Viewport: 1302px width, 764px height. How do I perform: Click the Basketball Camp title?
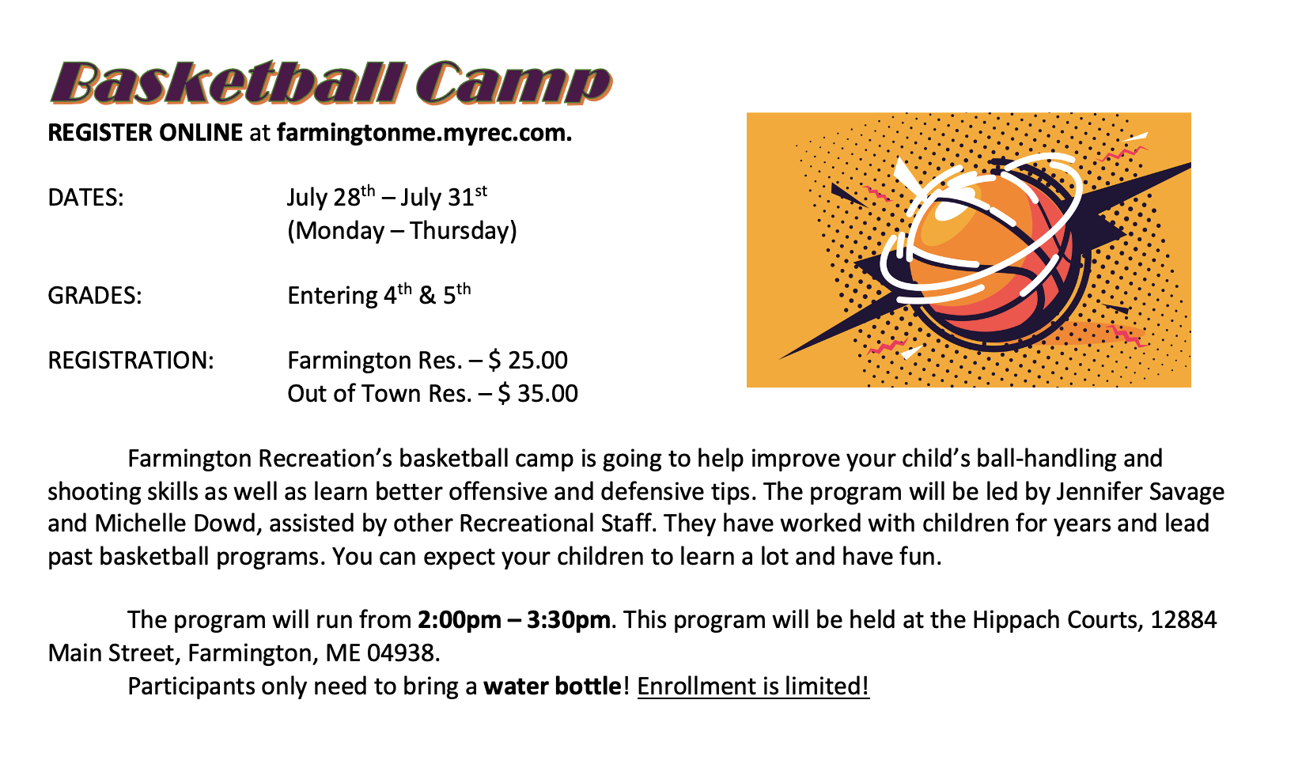pos(331,82)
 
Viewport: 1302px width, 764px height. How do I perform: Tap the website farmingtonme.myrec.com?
pos(424,133)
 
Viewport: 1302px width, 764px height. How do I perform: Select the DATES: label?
pos(86,198)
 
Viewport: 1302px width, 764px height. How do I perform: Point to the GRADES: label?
pos(95,296)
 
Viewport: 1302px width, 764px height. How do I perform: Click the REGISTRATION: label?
pos(131,361)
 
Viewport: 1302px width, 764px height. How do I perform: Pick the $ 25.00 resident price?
pos(528,361)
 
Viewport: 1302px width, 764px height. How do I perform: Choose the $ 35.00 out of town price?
pos(538,394)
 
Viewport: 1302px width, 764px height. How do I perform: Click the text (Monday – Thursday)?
pos(402,231)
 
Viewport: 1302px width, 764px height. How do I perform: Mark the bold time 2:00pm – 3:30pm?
pos(514,620)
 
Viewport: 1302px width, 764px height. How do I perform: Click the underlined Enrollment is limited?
pos(753,686)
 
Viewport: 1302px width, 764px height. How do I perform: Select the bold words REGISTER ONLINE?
pos(146,133)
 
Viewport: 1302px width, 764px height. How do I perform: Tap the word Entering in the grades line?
pos(332,297)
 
